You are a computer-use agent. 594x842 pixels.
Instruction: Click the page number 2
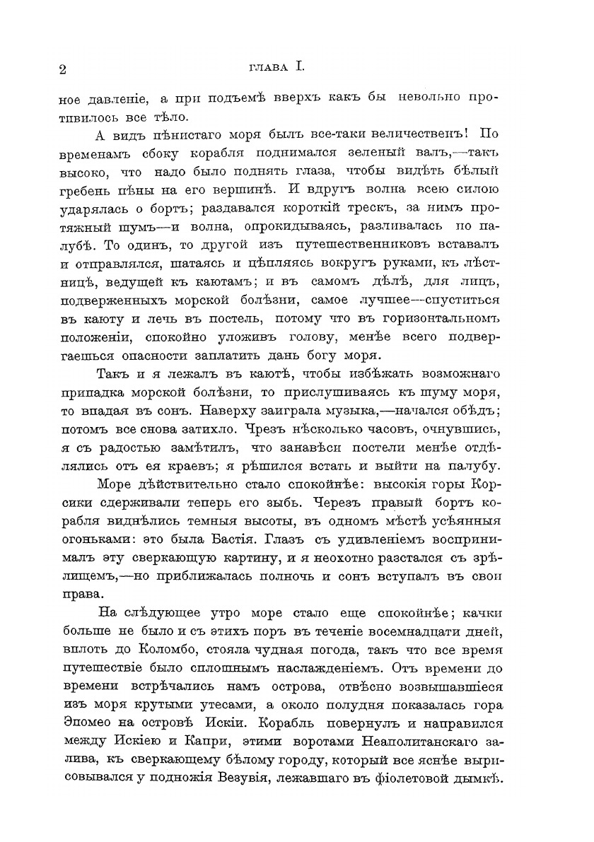(63, 69)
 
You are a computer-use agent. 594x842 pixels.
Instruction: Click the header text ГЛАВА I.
(276, 67)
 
